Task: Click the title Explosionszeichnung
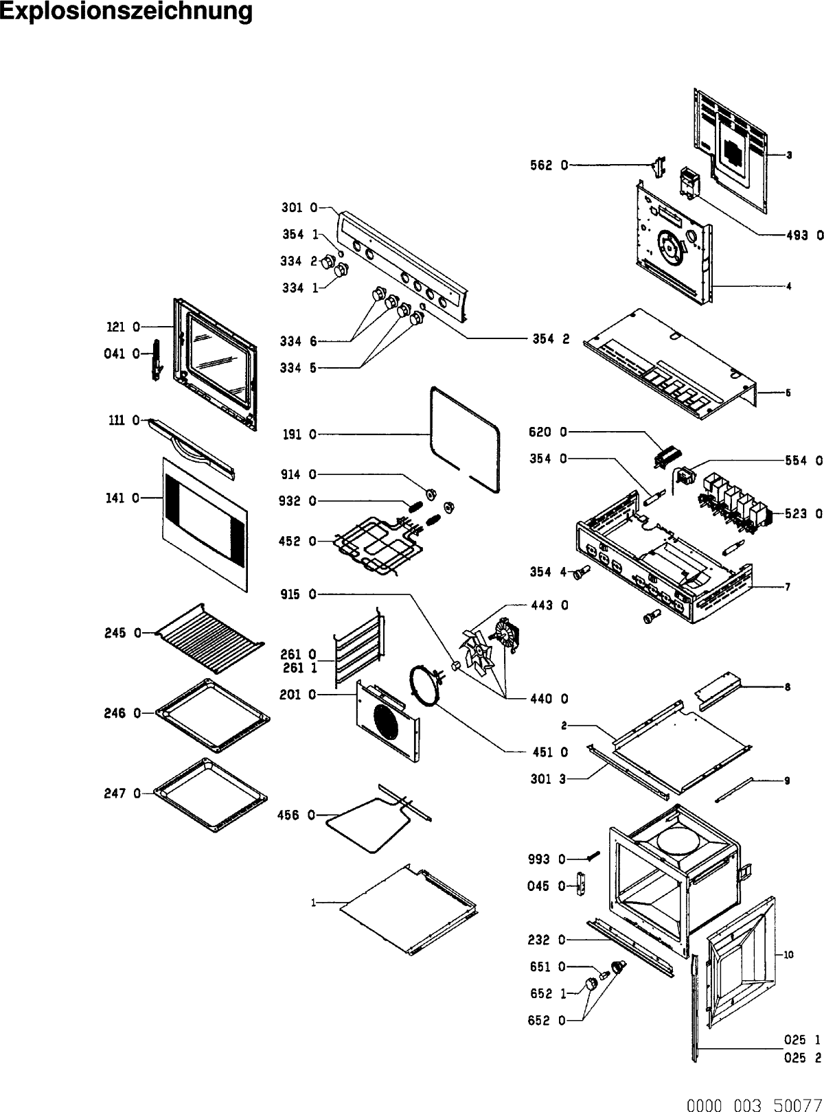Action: tap(126, 12)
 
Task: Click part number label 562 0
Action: tap(549, 165)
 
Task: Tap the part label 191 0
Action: tap(299, 435)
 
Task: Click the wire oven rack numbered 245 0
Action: tap(209, 638)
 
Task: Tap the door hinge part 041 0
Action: tap(156, 360)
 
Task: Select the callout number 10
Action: tap(788, 954)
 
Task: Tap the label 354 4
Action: tap(547, 572)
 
